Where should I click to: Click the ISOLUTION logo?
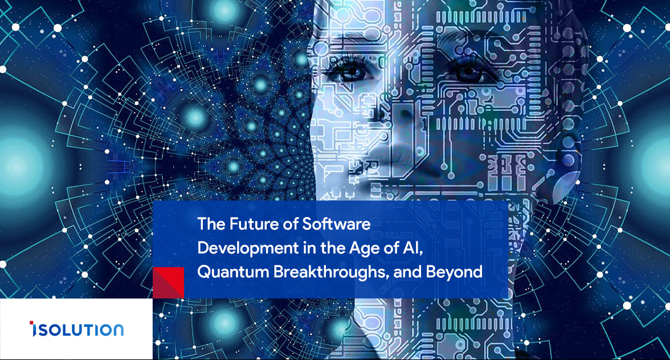coord(76,329)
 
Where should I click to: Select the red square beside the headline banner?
coord(169,283)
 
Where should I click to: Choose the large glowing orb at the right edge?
coord(654,165)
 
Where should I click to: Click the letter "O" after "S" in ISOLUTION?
coord(54,330)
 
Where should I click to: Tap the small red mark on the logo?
coord(31,324)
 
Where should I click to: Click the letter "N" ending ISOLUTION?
coord(118,330)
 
